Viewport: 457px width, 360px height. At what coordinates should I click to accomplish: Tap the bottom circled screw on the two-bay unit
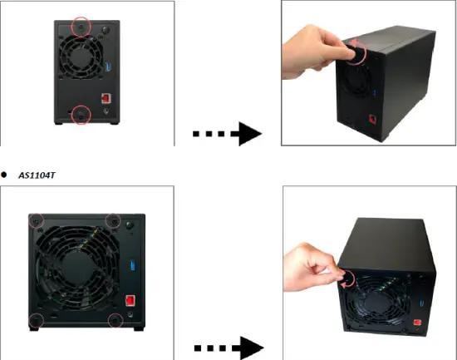[x=81, y=115]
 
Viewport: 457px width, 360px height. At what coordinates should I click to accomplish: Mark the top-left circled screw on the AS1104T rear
[x=36, y=221]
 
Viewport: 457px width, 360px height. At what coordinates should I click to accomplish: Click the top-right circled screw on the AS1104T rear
[x=115, y=221]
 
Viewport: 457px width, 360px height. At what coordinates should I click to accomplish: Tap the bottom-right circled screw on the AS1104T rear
[x=115, y=320]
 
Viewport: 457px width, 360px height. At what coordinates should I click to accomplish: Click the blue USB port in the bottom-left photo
[x=130, y=267]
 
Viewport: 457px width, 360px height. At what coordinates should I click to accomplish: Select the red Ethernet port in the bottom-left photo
[x=130, y=301]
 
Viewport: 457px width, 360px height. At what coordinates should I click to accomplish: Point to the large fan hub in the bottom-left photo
[x=76, y=270]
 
